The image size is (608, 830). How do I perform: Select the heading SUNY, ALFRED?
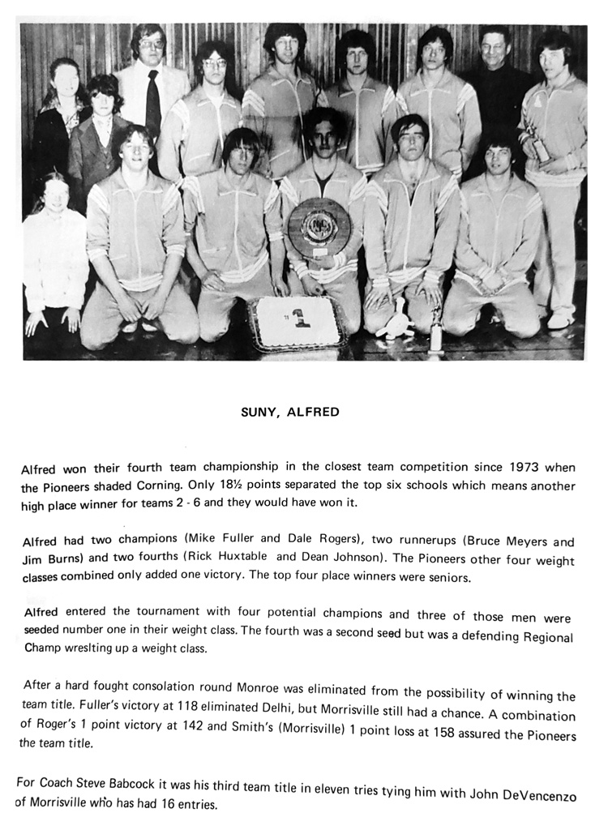(x=290, y=412)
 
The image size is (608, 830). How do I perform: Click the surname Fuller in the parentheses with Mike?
(x=244, y=541)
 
